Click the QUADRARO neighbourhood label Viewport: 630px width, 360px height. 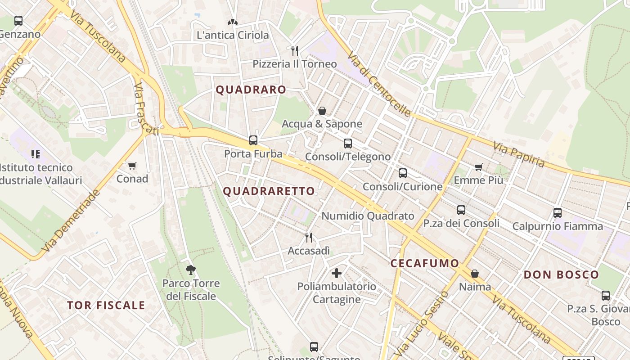tap(251, 90)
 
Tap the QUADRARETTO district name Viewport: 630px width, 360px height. tap(269, 191)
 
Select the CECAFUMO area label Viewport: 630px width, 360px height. tap(425, 263)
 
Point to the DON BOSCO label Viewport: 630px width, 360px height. tap(561, 274)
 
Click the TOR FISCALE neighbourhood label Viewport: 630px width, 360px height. tap(106, 305)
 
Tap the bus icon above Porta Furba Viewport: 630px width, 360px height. tap(253, 140)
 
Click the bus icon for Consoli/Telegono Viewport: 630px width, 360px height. tap(348, 144)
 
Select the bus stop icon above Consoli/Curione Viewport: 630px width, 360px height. tap(403, 173)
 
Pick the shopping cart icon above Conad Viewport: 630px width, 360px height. tap(132, 166)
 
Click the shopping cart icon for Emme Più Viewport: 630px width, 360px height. tap(478, 167)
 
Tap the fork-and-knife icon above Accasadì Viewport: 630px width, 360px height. tap(309, 238)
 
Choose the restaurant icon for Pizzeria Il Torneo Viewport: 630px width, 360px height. tap(295, 50)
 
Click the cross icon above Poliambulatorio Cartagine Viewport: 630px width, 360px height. tap(336, 273)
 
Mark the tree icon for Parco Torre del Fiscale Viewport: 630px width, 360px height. tap(191, 270)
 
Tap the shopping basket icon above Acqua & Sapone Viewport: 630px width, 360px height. tap(322, 111)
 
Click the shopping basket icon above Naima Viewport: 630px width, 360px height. tap(475, 274)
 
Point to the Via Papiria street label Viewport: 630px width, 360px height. tap(519, 154)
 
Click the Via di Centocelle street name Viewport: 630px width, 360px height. tap(379, 84)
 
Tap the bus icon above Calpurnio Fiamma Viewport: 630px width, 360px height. tap(558, 213)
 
